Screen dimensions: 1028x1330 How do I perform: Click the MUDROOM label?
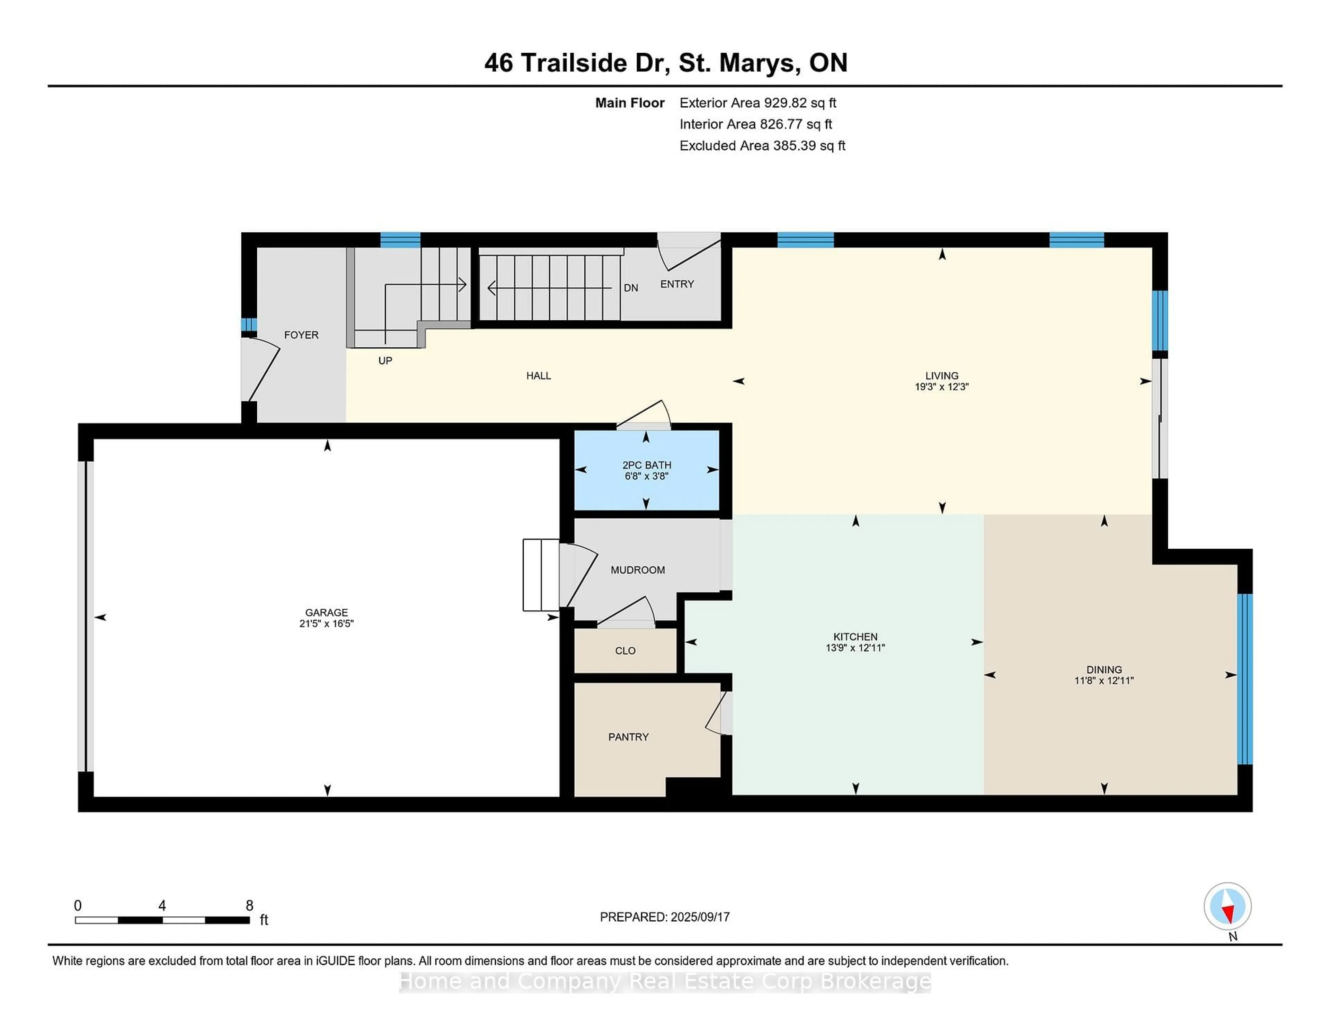[638, 570]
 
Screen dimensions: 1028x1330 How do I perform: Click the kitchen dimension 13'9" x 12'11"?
[855, 648]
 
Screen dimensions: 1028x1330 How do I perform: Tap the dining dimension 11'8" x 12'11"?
[1103, 681]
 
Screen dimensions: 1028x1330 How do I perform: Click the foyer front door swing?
[261, 372]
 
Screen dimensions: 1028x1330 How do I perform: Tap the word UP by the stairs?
[385, 361]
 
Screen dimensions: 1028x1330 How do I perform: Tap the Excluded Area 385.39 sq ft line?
[762, 145]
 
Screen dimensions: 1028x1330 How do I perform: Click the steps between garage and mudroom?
[541, 575]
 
